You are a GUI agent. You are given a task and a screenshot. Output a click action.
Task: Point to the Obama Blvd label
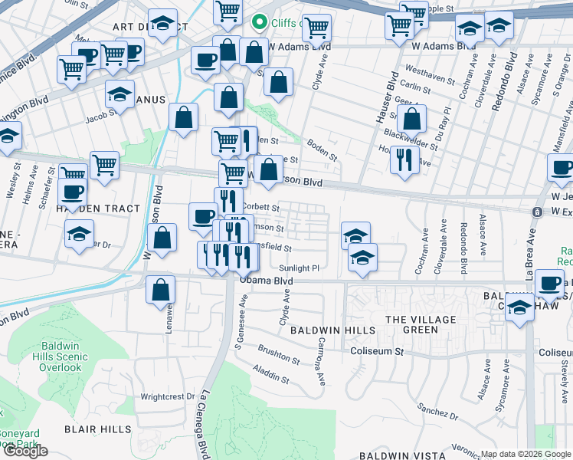point(266,280)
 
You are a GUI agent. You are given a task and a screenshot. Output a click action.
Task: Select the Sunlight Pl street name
point(300,268)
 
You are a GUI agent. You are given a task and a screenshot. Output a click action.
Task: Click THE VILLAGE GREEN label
point(421,324)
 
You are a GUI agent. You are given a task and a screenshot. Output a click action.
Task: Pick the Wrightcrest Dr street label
point(169,397)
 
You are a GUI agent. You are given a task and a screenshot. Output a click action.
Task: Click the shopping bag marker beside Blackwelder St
point(412,118)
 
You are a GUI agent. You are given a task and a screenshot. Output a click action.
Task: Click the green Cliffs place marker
point(260,22)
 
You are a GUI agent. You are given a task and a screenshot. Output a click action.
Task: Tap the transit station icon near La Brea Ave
point(539,211)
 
